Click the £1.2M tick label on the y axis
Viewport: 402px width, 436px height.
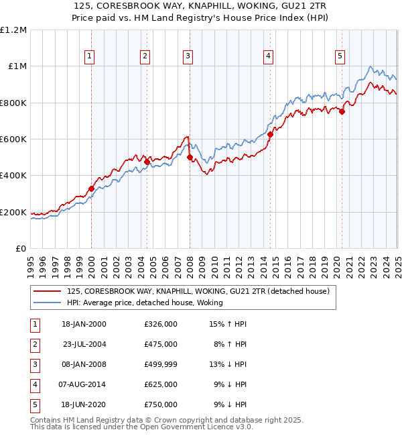(13, 30)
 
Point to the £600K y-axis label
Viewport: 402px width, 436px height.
(13, 140)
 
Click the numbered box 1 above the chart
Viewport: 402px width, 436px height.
(90, 57)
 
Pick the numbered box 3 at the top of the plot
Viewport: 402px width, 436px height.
(188, 57)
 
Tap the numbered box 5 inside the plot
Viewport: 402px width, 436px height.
(340, 57)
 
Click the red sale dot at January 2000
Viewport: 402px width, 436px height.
(92, 189)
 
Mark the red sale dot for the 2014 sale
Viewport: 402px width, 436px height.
(270, 135)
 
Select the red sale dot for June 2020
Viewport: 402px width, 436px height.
(342, 112)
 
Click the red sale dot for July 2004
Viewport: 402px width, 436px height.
(147, 162)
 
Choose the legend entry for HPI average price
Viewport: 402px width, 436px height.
(144, 303)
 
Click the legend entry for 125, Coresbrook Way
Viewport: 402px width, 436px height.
(198, 292)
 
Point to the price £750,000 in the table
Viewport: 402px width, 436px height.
(161, 404)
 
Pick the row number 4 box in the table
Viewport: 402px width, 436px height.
(34, 384)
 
